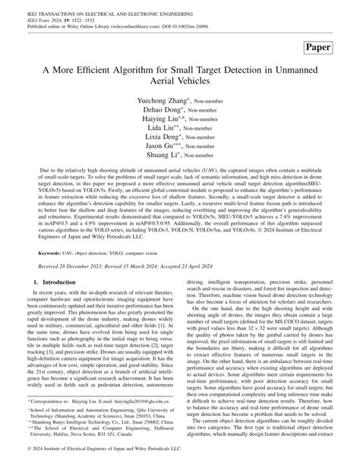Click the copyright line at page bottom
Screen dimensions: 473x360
click(99, 463)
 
